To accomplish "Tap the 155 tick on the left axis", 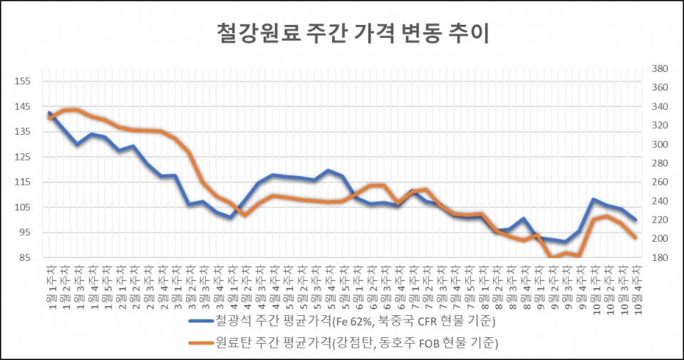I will click(23, 81).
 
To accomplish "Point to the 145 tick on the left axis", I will click(23, 106).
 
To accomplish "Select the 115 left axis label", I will click(23, 182).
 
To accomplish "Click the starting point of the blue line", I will click(49, 113).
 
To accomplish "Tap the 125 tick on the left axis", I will click(23, 157).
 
